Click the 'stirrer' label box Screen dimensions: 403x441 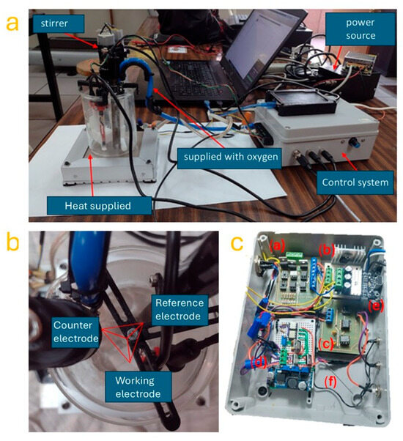click(59, 23)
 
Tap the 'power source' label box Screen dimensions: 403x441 click(361, 29)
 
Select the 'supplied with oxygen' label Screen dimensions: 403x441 click(231, 157)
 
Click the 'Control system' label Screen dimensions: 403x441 click(355, 182)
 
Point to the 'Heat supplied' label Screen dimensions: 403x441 click(98, 206)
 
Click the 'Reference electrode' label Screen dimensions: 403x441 click(180, 310)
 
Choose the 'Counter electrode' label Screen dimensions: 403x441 click(75, 332)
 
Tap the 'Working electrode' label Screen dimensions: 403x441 click(138, 387)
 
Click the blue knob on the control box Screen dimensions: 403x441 click(353, 143)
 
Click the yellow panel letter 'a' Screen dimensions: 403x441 click(12, 23)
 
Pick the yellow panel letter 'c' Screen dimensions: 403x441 click(237, 243)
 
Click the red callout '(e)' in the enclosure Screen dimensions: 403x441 click(376, 305)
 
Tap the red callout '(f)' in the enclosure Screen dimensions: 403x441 click(330, 382)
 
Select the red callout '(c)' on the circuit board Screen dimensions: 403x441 click(326, 344)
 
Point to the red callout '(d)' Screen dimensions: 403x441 click(259, 363)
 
